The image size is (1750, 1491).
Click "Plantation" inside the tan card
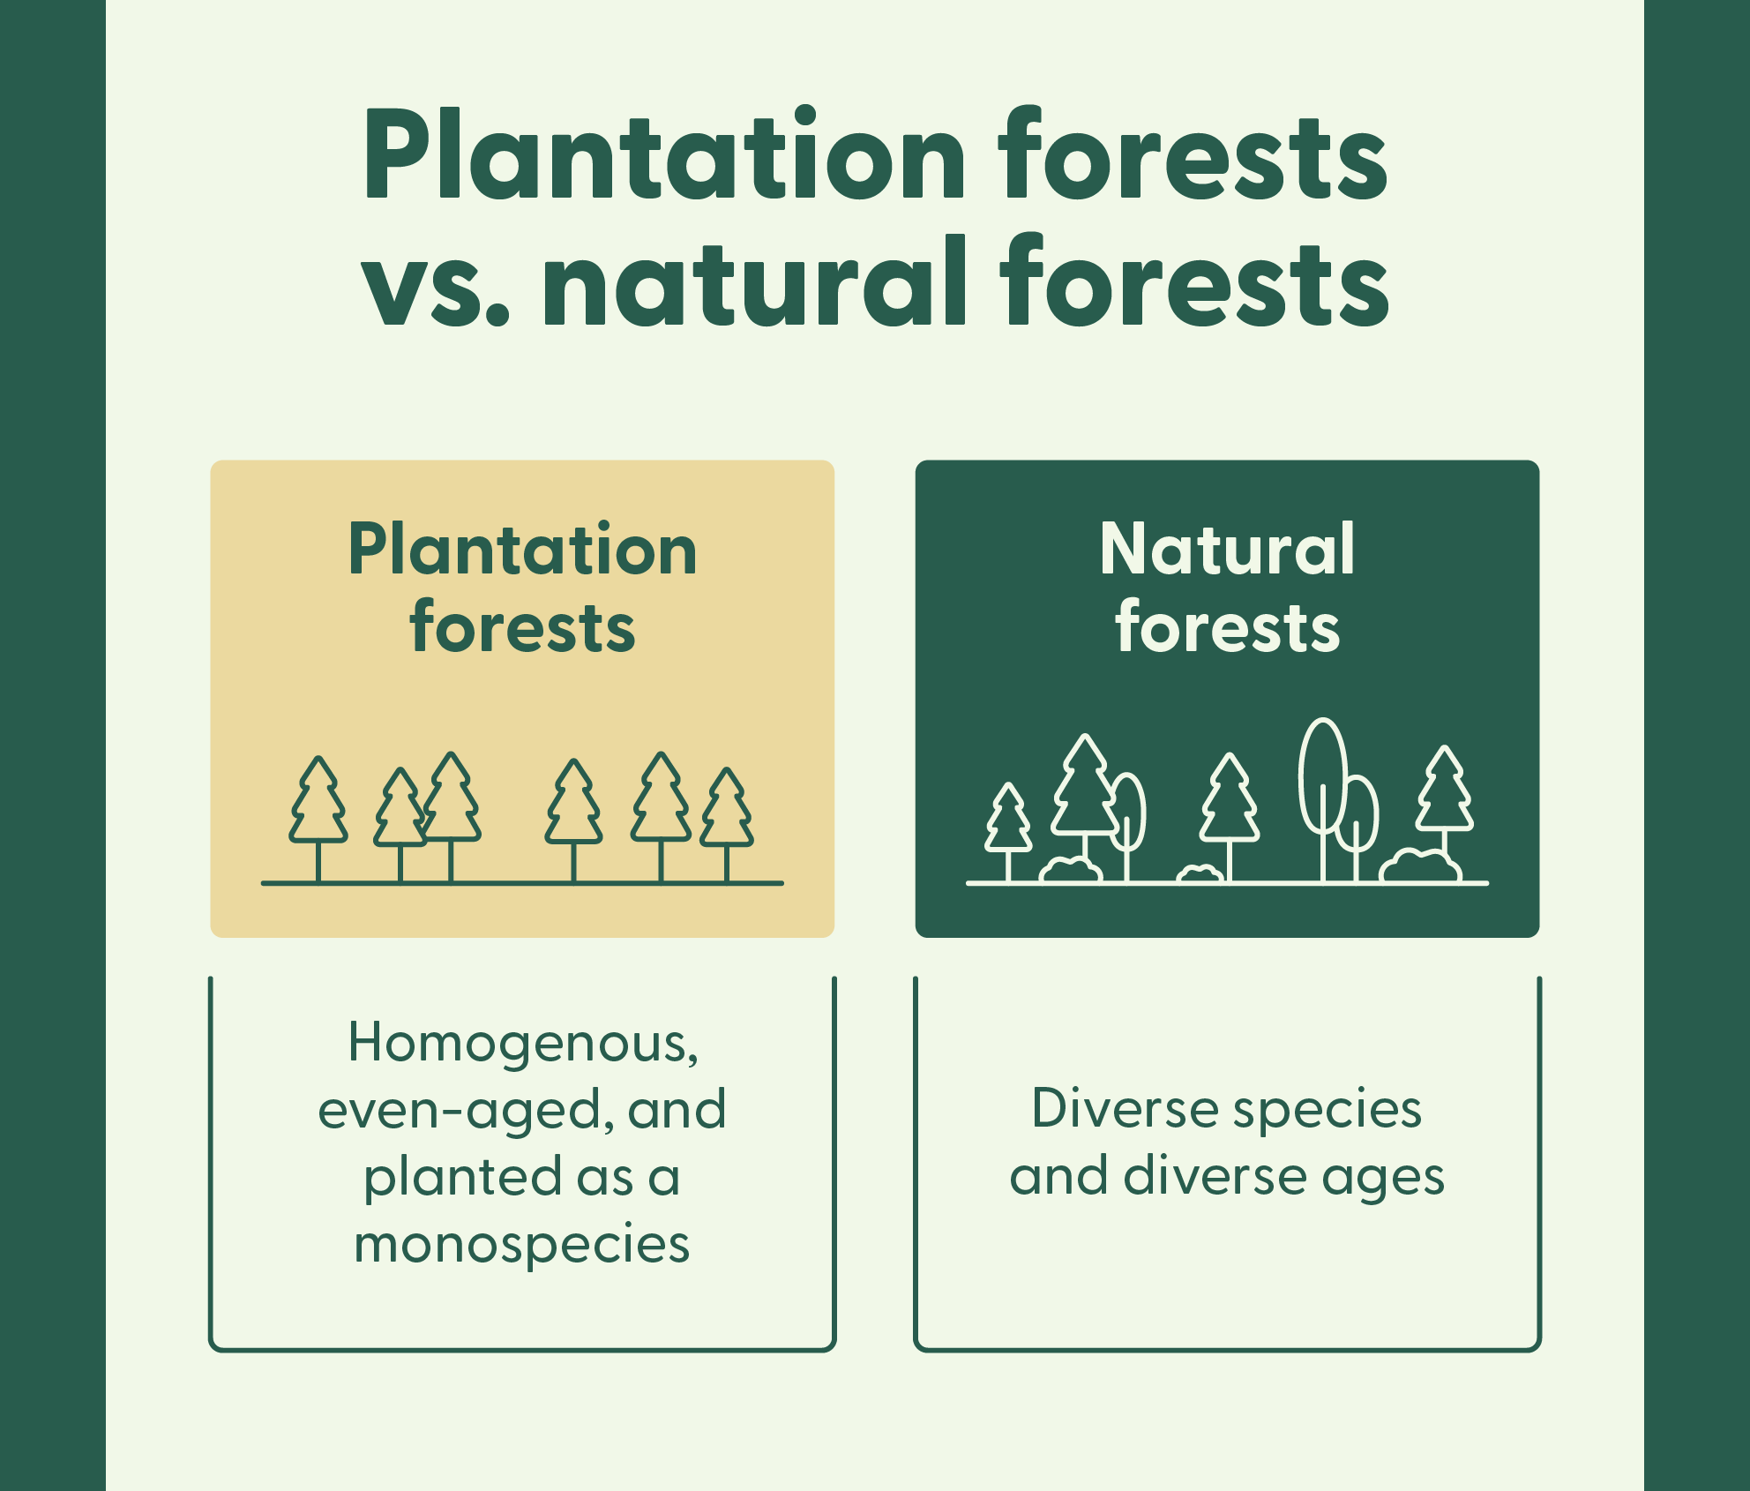click(x=522, y=551)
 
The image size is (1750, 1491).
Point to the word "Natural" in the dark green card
click(x=1227, y=550)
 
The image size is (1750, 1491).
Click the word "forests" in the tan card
click(x=522, y=628)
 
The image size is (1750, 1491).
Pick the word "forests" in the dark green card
click(x=1227, y=628)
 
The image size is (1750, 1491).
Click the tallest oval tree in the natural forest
click(x=1322, y=776)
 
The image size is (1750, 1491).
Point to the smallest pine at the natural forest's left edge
click(x=1008, y=820)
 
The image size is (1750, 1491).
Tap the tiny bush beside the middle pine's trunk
click(x=1200, y=873)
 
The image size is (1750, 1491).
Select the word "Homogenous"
click(x=522, y=1043)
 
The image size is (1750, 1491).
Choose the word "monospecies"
click(x=522, y=1244)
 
